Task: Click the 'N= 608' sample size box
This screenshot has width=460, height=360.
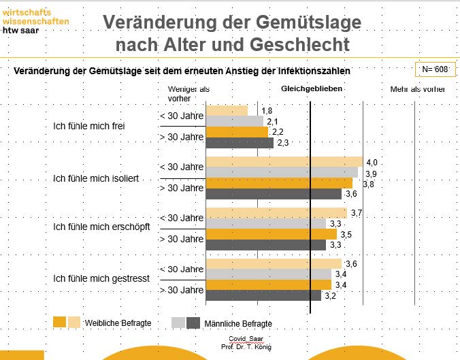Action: pos(434,69)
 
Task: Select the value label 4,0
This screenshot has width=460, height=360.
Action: pos(372,162)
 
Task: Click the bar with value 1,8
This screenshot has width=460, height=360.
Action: pos(227,111)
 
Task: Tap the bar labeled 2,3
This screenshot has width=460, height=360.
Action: pos(240,143)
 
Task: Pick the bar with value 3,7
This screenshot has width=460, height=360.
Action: pos(276,214)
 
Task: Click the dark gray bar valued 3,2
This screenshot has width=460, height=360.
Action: pos(263,295)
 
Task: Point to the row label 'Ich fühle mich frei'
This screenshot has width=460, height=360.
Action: pos(89,126)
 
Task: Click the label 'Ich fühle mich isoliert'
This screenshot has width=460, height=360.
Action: pos(96,178)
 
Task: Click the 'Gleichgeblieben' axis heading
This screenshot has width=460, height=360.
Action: pos(312,89)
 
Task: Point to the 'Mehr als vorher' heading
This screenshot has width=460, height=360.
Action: pos(418,89)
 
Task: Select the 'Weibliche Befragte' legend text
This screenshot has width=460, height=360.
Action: pos(118,323)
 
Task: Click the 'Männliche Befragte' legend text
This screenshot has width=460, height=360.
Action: pos(239,323)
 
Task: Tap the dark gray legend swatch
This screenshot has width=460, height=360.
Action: pos(193,323)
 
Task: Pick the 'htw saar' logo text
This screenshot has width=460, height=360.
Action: pos(20,30)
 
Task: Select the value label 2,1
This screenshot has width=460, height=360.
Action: pos(272,121)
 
